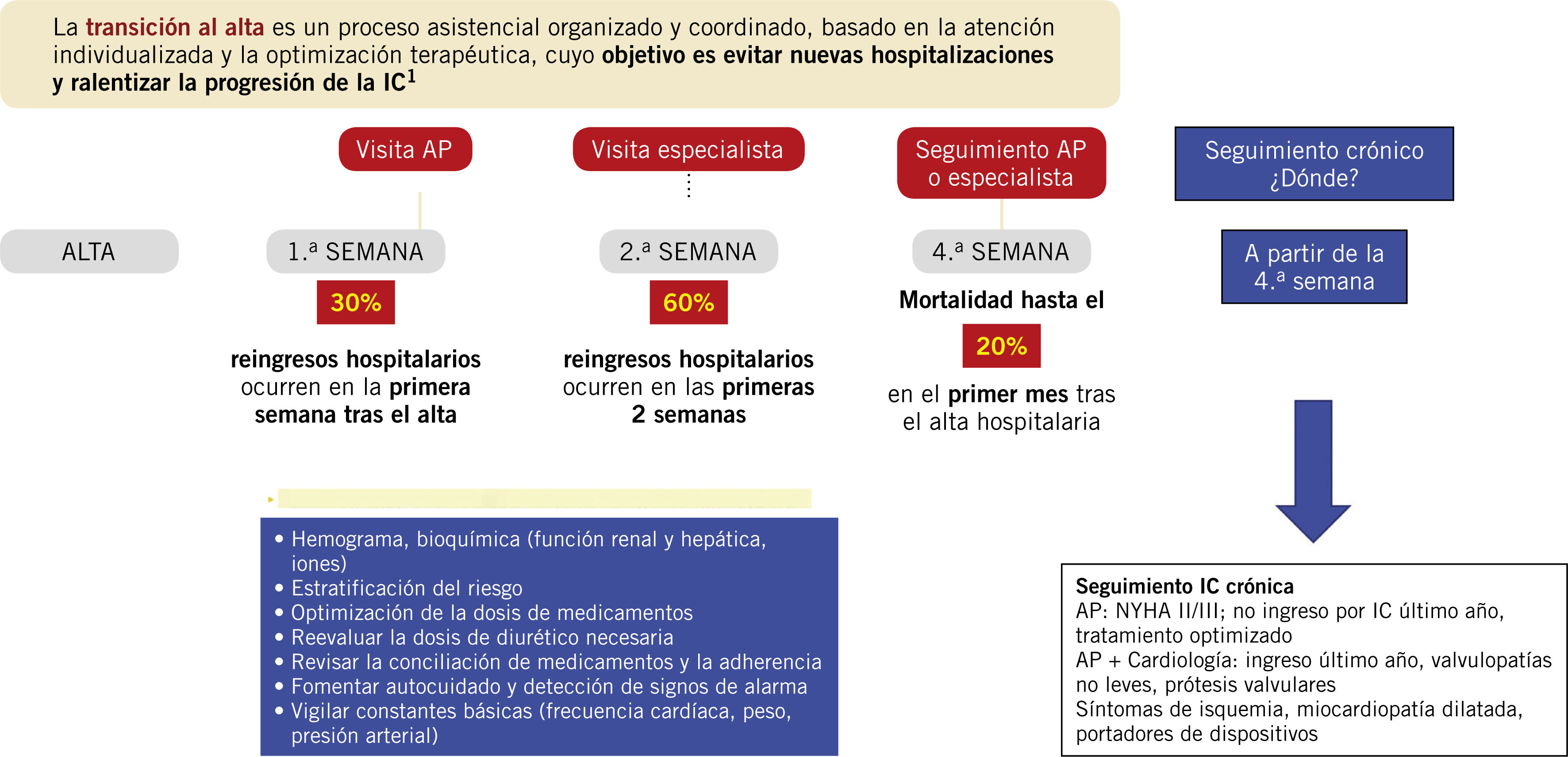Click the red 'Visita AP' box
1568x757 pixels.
click(x=405, y=149)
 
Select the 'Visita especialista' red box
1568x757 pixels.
click(x=688, y=149)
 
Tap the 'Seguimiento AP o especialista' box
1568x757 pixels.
click(x=1001, y=163)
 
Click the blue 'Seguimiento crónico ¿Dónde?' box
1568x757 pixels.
click(x=1314, y=164)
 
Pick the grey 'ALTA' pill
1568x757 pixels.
click(x=89, y=251)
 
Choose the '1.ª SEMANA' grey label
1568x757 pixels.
click(x=355, y=251)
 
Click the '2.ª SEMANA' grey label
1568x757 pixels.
click(x=688, y=251)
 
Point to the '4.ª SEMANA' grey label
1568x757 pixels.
click(x=1001, y=251)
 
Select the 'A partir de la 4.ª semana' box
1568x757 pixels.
click(x=1314, y=267)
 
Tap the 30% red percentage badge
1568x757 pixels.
click(x=355, y=302)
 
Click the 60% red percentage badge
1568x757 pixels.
click(x=688, y=302)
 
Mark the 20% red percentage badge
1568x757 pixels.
click(x=1001, y=346)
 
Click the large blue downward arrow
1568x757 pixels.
click(x=1313, y=469)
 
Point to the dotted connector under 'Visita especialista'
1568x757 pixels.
click(x=688, y=186)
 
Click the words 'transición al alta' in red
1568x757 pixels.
click(x=175, y=27)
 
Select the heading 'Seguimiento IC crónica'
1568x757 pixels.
click(x=1184, y=586)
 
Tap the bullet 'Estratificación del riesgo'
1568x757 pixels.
click(x=407, y=588)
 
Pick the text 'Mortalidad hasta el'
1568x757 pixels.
click(x=1001, y=300)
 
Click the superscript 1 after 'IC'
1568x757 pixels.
click(x=411, y=76)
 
